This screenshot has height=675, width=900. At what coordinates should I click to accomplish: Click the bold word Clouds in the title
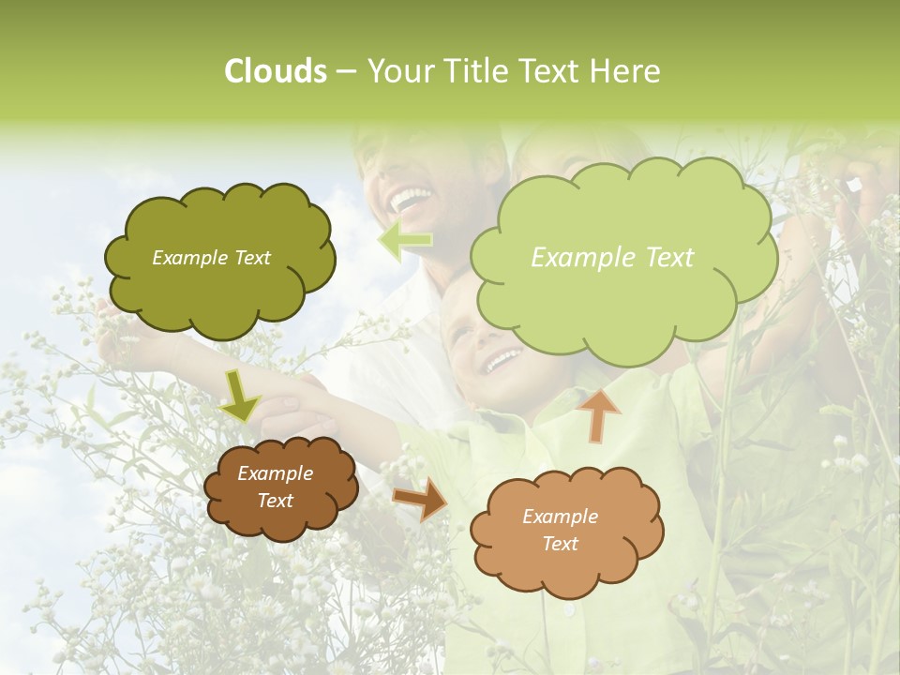click(276, 71)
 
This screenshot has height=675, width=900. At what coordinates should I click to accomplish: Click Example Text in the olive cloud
click(211, 258)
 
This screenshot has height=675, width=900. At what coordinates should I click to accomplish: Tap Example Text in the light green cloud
click(612, 258)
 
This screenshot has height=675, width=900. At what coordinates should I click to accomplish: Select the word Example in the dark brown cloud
click(275, 473)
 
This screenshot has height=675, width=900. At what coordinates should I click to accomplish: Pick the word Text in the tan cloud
click(560, 544)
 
